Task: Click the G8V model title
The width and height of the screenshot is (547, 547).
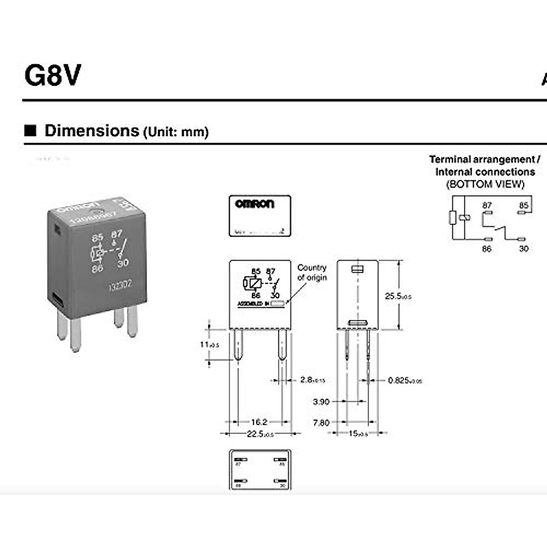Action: point(52,75)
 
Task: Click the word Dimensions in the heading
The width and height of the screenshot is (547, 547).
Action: point(92,131)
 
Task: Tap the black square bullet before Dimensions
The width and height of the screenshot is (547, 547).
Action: point(30,130)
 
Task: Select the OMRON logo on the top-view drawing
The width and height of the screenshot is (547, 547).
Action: point(255,203)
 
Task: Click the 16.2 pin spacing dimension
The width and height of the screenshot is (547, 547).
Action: point(259,422)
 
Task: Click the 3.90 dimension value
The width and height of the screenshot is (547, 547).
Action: point(321,402)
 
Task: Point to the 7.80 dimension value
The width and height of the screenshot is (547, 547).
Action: point(321,423)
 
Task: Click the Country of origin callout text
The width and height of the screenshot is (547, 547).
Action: point(312,273)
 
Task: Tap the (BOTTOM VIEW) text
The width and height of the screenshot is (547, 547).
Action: point(485,184)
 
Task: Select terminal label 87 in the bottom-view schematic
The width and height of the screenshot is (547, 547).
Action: point(487,205)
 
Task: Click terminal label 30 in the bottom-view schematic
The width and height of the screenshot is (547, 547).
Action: point(524,248)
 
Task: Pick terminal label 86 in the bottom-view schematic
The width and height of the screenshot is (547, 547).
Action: point(487,248)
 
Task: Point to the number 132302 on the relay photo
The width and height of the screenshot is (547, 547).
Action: point(120,286)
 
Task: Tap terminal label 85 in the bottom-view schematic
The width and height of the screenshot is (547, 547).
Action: point(524,205)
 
